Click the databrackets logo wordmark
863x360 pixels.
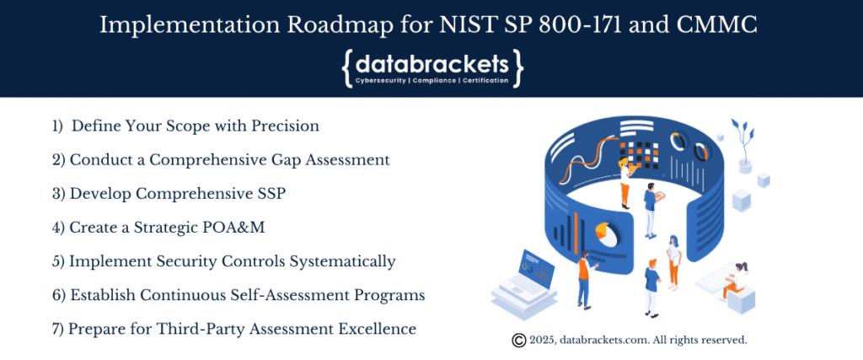431,63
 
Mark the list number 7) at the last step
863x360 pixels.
58,329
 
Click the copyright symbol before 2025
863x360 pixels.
519,341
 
